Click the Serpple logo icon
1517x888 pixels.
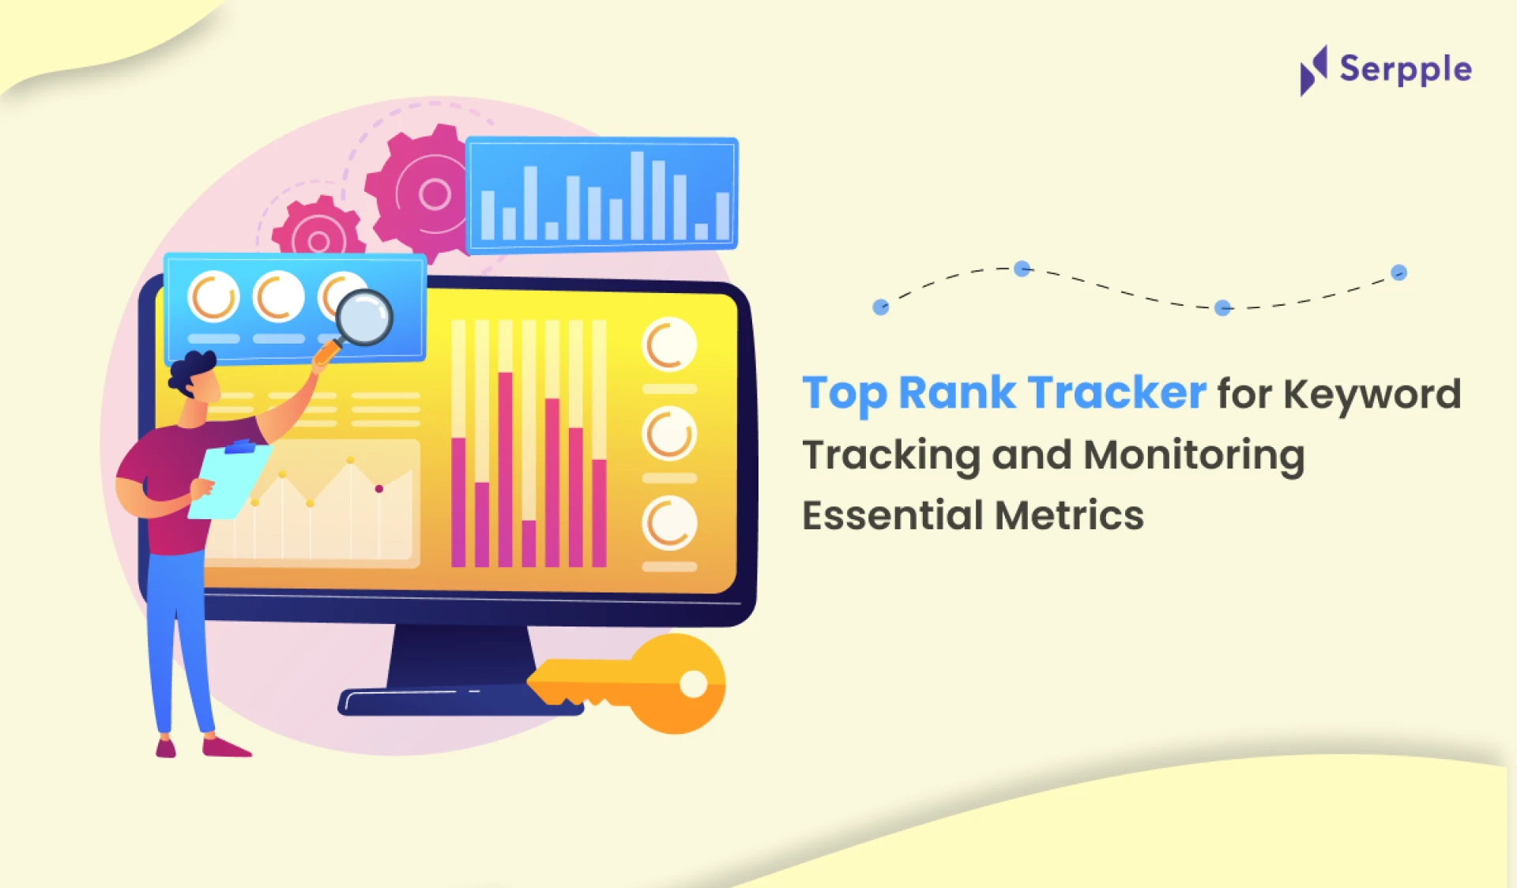(x=1314, y=70)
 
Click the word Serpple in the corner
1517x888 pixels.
(x=1406, y=70)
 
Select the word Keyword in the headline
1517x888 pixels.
(x=1372, y=393)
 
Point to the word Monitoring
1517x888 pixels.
(x=1194, y=456)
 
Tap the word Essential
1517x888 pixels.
(x=893, y=515)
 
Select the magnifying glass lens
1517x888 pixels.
(x=363, y=318)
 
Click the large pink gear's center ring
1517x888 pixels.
(x=435, y=194)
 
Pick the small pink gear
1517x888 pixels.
(x=318, y=229)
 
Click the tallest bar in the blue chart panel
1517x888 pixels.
(x=637, y=195)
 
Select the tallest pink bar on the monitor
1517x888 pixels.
(x=505, y=469)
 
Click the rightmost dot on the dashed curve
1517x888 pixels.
(x=1398, y=273)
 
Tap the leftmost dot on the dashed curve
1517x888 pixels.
(x=880, y=307)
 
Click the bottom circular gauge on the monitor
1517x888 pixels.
(x=669, y=523)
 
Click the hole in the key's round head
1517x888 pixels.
(x=694, y=684)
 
